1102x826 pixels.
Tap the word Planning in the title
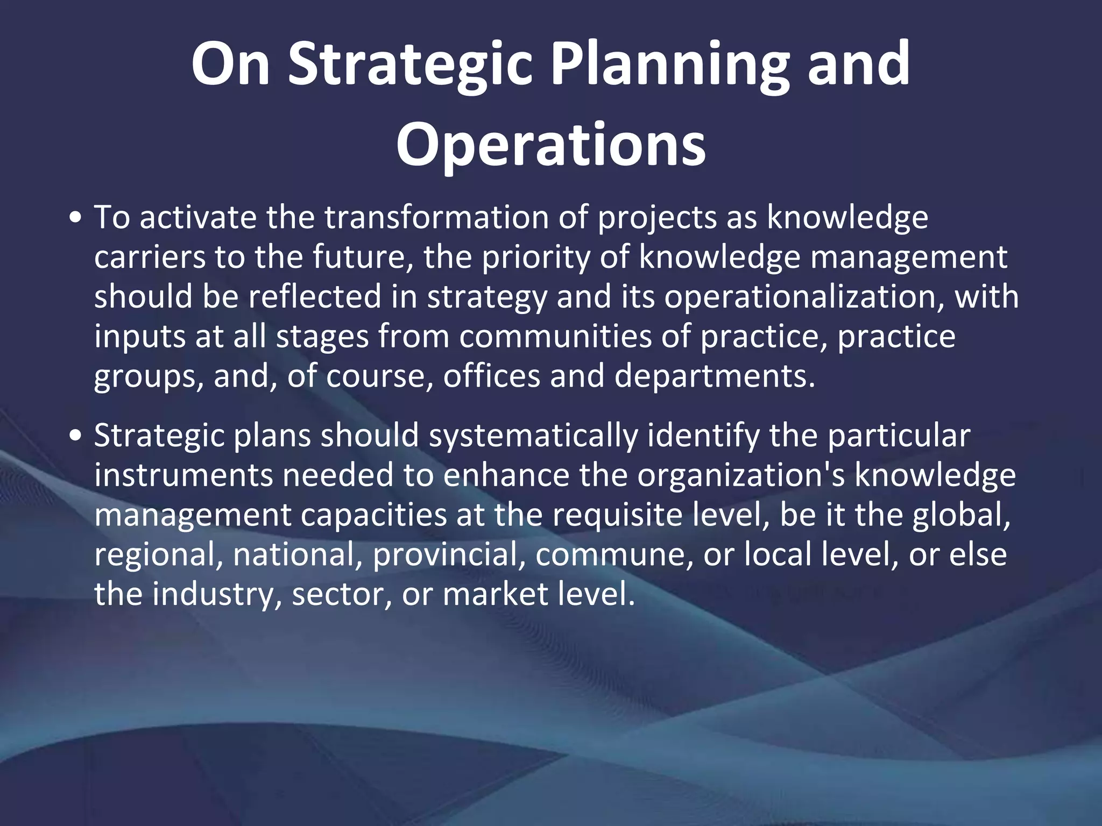pos(669,65)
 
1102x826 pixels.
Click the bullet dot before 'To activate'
pos(76,219)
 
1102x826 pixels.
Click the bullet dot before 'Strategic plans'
pos(76,436)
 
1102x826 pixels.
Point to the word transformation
pos(436,217)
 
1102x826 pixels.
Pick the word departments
pos(715,375)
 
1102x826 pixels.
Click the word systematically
pos(533,436)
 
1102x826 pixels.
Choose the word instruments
pos(183,475)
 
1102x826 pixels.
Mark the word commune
pos(614,554)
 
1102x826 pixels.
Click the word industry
pos(215,594)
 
